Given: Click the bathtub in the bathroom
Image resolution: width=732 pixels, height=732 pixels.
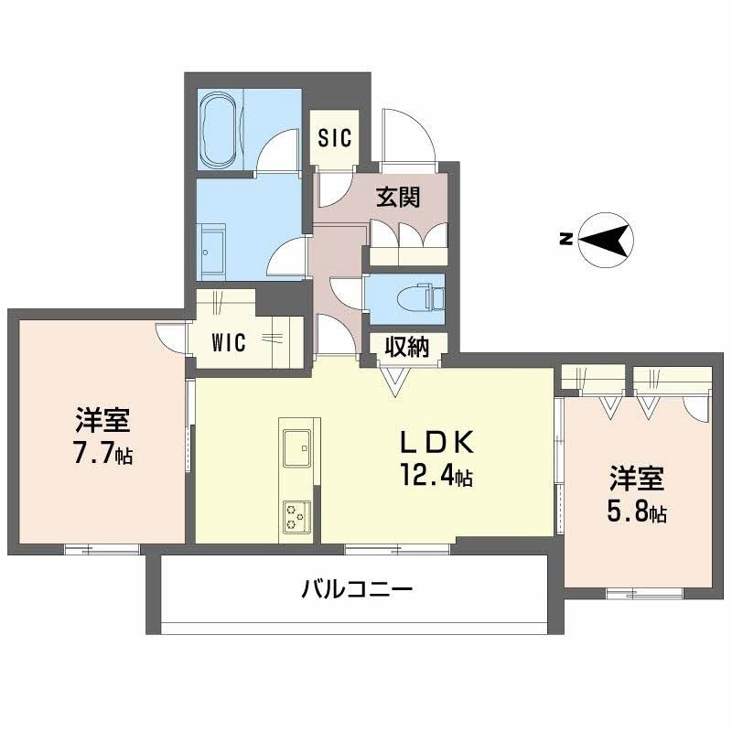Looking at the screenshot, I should (221, 131).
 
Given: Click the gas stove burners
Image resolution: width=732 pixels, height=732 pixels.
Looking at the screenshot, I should (297, 517).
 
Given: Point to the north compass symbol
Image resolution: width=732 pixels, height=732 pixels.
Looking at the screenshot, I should (604, 241).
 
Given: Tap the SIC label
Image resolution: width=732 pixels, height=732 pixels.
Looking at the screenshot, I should (333, 137).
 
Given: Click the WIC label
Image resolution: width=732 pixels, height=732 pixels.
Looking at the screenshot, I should (229, 343).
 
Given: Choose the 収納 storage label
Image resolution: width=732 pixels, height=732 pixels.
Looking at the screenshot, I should (407, 347).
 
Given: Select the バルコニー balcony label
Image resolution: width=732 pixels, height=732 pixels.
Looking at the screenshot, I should (357, 588).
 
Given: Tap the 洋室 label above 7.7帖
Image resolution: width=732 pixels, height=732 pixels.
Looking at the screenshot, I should (102, 421).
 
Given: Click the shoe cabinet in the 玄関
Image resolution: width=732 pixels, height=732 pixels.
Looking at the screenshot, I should (408, 235).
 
